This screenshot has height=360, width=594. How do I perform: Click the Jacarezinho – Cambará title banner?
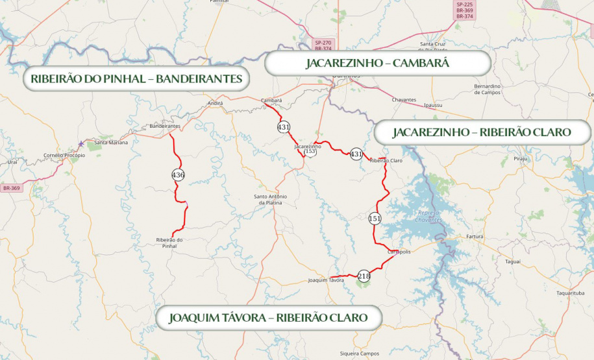pos(377,64)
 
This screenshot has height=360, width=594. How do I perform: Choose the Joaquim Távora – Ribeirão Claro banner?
pos(268,318)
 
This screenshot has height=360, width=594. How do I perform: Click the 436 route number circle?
pos(178,174)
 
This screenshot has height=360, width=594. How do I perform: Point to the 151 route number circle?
pos(375,219)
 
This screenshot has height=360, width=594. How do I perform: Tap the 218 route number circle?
pos(364,276)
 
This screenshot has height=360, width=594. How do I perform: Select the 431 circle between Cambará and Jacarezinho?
pos(284,127)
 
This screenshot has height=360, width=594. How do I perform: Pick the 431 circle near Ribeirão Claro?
pos(356,154)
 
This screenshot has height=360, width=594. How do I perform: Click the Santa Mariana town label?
pos(111,142)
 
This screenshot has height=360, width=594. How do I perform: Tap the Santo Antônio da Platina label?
pos(270,199)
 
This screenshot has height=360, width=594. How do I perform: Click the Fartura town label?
pos(475,236)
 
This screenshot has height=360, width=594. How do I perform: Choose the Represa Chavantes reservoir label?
pos(430,216)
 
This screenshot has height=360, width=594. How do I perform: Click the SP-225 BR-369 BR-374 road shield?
pos(464,10)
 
